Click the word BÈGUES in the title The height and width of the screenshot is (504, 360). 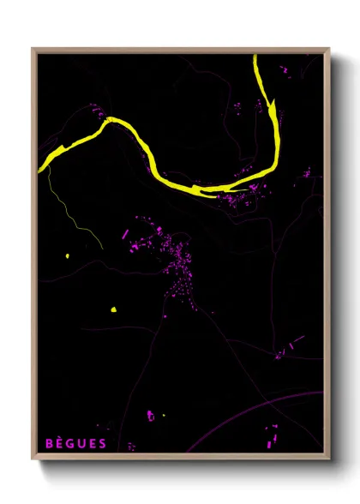coord(76,443)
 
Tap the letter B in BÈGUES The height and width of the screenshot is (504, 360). coord(50,443)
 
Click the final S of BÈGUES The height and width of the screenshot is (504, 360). coord(103,443)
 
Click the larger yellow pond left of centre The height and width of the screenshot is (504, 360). coord(112,309)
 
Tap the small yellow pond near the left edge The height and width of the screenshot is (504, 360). coord(66,256)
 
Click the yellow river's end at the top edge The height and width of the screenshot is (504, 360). coord(256,58)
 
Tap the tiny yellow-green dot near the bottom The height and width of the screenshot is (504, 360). coord(163,417)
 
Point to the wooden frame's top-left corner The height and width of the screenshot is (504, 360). coord(33,49)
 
